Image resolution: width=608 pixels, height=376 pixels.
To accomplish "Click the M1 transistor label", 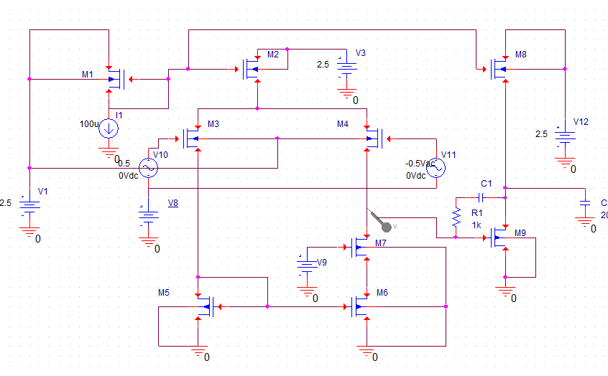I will coord(88,75).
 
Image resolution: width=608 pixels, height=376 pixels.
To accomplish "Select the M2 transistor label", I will coord(273,55).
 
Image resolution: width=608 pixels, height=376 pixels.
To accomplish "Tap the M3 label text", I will coord(213,124).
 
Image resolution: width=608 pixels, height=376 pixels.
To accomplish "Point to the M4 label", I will coord(343,124).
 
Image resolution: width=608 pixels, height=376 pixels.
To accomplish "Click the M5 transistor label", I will coord(164,293).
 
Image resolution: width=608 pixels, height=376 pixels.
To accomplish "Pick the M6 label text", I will coord(382,293).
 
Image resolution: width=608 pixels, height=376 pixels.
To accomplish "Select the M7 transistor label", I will coord(380,243).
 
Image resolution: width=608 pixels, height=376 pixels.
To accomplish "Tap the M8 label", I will coord(521,55).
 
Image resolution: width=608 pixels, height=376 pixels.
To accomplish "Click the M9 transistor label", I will coord(521,232).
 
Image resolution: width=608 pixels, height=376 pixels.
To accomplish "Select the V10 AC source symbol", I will coord(148,168).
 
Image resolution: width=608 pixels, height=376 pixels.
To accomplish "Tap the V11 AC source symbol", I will coord(436,168).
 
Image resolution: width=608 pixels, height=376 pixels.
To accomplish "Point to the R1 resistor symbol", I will coord(456,217).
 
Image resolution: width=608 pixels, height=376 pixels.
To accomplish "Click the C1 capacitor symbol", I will coord(487,197).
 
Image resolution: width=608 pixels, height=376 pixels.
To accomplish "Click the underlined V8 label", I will coord(172,203).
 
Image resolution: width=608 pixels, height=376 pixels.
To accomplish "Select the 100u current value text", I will coord(89,123).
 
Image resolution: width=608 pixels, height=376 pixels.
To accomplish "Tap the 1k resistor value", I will coord(476,225).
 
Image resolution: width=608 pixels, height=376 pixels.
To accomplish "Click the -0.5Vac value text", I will coord(421,164).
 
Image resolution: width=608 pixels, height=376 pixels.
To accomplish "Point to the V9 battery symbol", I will coord(307,265).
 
